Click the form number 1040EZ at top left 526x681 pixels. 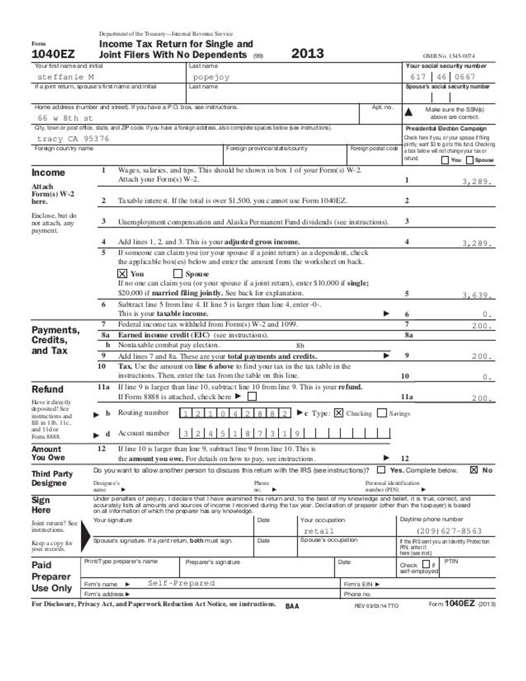(53, 54)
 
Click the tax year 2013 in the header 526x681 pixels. (308, 53)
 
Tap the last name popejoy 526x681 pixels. (211, 77)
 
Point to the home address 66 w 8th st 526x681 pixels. (65, 118)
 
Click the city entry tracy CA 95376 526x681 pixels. (73, 138)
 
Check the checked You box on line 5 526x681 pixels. (122, 274)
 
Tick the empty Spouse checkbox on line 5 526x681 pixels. (178, 274)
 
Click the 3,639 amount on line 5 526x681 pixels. (477, 295)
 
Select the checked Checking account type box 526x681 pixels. (339, 413)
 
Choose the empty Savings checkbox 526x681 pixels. (382, 413)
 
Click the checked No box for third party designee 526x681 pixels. (474, 470)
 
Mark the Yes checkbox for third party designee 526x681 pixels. (381, 470)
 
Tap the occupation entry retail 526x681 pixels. (318, 531)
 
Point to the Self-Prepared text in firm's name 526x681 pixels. (181, 583)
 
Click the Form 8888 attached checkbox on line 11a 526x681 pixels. (252, 397)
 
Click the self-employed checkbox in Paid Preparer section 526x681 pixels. (426, 565)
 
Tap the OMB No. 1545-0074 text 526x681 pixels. (449, 56)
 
